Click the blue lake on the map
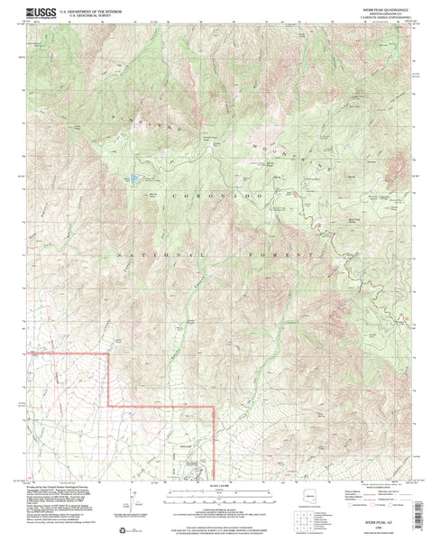pyautogui.click(x=135, y=179)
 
